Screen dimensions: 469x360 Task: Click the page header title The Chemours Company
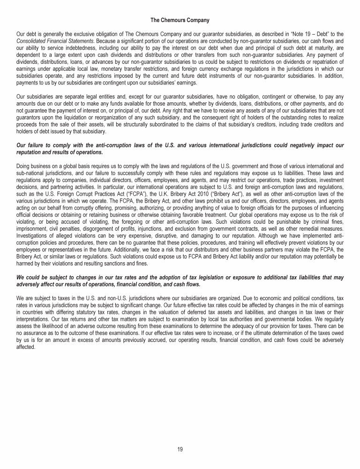pos(180,20)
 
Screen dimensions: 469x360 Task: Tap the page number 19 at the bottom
pos(180,449)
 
